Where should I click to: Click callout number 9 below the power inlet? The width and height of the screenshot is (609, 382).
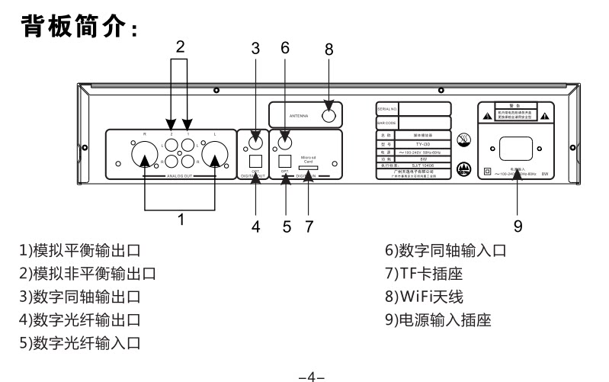tap(518, 226)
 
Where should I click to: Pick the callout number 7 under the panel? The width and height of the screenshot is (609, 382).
tap(309, 226)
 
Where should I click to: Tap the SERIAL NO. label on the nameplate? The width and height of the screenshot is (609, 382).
tap(386, 108)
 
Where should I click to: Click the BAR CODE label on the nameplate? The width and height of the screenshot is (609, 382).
tap(387, 121)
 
